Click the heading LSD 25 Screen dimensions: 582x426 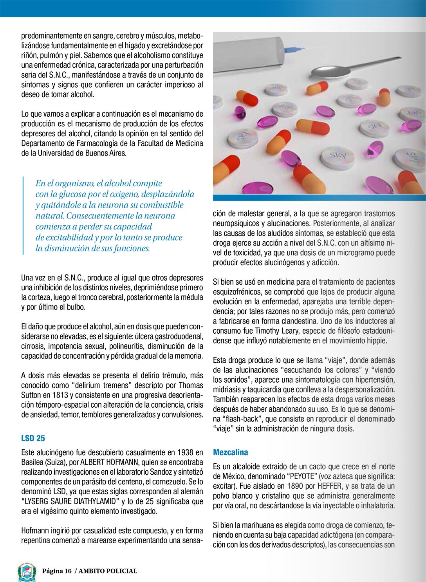(33, 438)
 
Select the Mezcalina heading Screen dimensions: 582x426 (231, 452)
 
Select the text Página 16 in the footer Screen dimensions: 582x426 (57, 571)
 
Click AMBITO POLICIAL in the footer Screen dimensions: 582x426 (108, 571)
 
